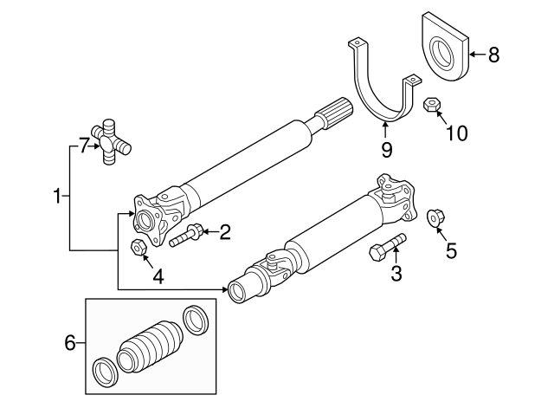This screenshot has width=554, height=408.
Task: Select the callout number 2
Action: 224,231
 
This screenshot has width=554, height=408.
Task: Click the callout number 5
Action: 450,250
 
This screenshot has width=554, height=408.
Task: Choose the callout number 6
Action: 70,343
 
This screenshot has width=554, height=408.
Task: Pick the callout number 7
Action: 83,146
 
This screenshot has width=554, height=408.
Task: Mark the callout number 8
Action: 493,55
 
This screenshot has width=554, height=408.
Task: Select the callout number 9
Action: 386,150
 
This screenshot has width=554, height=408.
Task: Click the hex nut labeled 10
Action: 432,106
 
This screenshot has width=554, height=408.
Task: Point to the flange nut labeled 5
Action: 436,217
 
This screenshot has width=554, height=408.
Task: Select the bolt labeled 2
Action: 187,235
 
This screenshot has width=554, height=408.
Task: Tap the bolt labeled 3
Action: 385,247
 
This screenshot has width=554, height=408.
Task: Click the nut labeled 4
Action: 137,247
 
